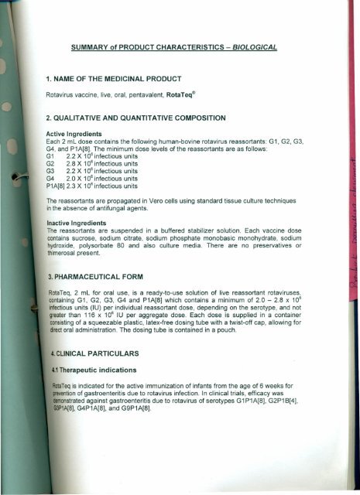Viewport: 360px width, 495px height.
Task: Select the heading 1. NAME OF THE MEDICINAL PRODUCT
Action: pyautogui.click(x=112, y=78)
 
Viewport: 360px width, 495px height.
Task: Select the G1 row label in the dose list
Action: pyautogui.click(x=50, y=156)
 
